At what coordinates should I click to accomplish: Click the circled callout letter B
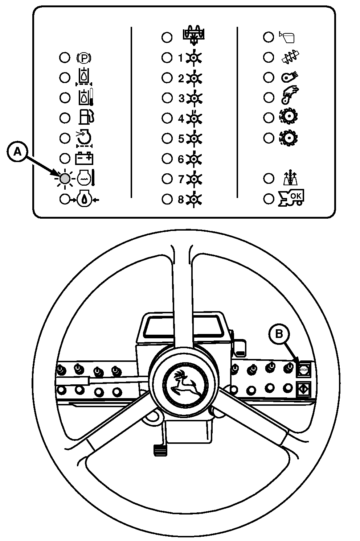[279, 334]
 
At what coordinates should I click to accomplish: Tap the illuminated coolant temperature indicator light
[65, 178]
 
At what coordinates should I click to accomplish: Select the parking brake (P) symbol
[84, 58]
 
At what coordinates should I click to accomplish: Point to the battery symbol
[84, 158]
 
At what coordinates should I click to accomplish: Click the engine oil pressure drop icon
[84, 199]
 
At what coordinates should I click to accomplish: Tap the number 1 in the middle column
[180, 58]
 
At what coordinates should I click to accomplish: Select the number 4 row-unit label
[181, 118]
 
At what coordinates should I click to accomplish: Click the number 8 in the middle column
[181, 199]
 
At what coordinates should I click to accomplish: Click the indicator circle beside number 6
[167, 158]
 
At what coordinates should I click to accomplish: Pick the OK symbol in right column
[291, 198]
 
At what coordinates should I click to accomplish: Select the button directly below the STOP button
[303, 388]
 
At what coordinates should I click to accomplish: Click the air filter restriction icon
[84, 139]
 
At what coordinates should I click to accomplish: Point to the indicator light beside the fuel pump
[65, 118]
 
